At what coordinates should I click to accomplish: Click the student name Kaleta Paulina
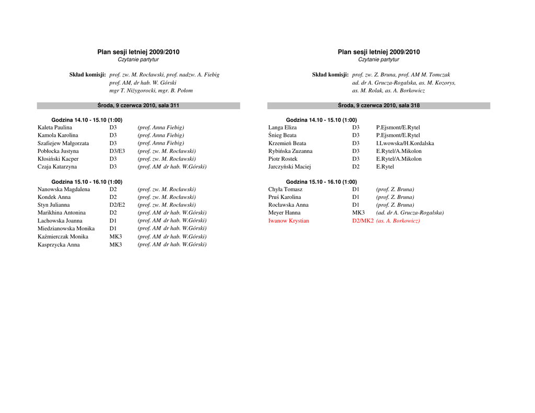click(55, 127)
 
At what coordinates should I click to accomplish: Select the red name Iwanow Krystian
click(288, 221)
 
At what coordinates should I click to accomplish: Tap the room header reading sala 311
click(138, 105)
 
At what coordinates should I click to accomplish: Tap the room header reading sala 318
click(379, 105)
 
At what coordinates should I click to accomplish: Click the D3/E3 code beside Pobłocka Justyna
click(117, 151)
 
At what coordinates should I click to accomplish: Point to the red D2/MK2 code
click(363, 221)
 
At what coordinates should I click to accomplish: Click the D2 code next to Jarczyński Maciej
click(356, 167)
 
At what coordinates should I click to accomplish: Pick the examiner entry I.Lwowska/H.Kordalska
click(405, 143)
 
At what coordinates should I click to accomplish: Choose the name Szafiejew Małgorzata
click(63, 143)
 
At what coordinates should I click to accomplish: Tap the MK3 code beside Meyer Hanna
click(358, 213)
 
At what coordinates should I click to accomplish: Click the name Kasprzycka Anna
click(59, 244)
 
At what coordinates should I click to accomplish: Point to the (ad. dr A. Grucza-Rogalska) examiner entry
click(410, 213)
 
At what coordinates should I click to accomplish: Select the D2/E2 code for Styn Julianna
click(117, 205)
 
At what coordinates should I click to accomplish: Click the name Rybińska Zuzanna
click(290, 151)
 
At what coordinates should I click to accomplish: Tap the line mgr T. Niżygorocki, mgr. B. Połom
click(151, 90)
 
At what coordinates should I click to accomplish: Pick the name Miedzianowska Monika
click(66, 229)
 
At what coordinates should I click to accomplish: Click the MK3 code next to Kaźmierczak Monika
click(115, 237)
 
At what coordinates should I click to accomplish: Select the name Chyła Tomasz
click(285, 190)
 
